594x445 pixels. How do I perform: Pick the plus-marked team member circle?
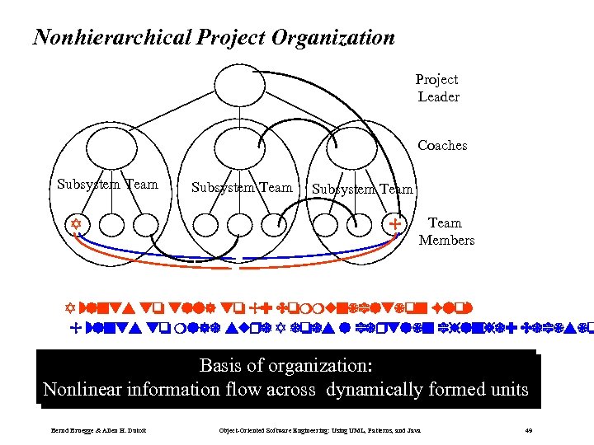[x=394, y=224]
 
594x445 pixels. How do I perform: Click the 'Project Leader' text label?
[x=437, y=88]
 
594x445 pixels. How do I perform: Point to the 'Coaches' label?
[x=442, y=146]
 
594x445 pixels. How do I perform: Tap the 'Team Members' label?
[x=446, y=232]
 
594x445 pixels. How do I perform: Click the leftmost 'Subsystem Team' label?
[x=107, y=185]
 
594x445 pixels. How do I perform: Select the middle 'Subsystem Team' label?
[x=242, y=188]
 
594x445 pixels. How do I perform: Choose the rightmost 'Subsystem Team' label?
[x=362, y=190]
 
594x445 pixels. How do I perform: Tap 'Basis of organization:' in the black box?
[x=285, y=365]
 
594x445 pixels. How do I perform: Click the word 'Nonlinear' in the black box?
[x=80, y=389]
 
